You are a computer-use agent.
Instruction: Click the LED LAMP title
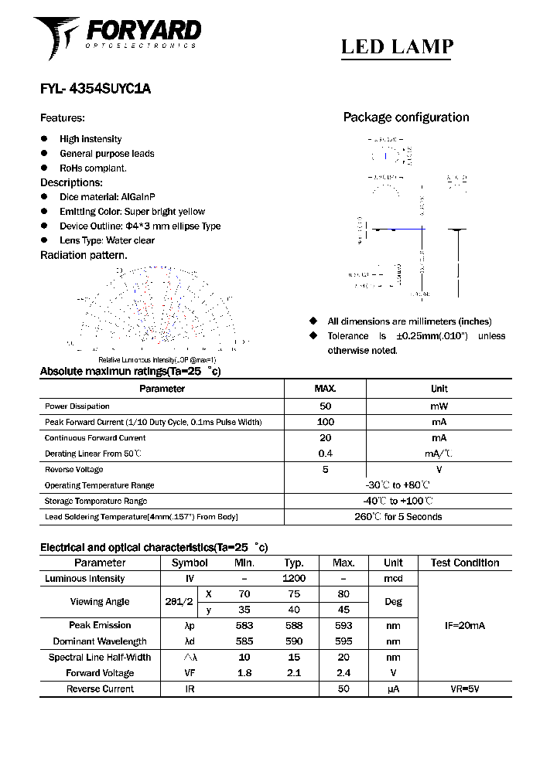click(397, 47)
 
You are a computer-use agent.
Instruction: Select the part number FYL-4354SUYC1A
click(95, 89)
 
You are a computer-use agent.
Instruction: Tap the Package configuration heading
click(405, 117)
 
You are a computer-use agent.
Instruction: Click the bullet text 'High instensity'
click(91, 139)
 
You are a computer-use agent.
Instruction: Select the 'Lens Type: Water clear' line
click(107, 240)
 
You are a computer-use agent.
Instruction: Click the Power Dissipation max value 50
click(325, 406)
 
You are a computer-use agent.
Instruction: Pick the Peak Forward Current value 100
click(325, 422)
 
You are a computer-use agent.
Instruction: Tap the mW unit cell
click(439, 406)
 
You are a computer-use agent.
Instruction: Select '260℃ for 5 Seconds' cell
click(398, 517)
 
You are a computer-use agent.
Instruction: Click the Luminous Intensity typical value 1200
click(294, 579)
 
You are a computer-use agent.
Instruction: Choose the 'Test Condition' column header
click(465, 563)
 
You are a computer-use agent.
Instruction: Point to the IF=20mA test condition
click(464, 626)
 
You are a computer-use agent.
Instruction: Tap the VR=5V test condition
click(464, 688)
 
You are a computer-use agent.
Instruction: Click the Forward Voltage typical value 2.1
click(294, 673)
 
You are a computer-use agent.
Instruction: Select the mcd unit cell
click(393, 579)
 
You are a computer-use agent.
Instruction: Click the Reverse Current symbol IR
click(190, 688)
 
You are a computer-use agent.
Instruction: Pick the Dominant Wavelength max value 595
click(343, 641)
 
